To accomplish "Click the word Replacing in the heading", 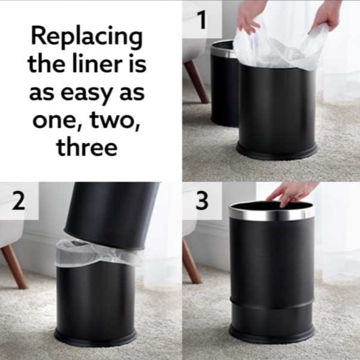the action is pos(87,37).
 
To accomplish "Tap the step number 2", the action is pos(18,201).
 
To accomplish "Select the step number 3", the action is pos(202,201).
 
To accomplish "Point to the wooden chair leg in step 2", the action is pos(15,266).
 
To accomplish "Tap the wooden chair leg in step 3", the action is pos(192,261).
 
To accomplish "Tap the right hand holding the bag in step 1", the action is pos(327,16).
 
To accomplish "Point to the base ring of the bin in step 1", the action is pos(277,151).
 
